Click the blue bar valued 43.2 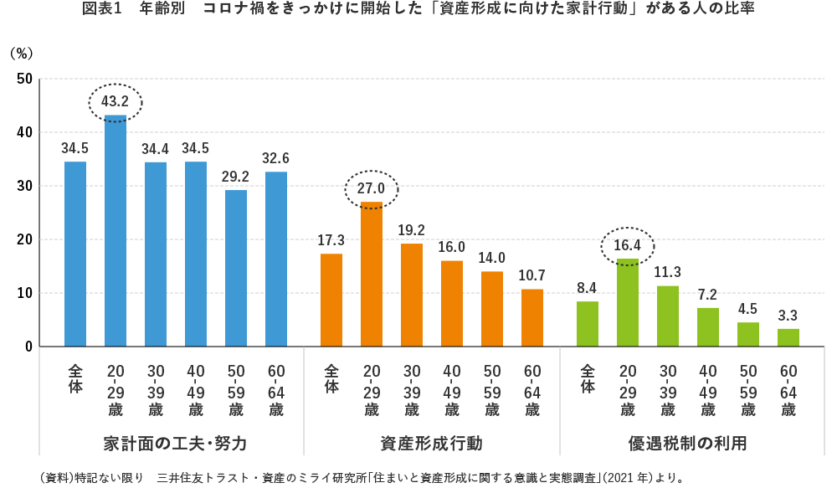116,230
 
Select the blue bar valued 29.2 236,268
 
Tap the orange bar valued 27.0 372,274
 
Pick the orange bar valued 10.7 532,317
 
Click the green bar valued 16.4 628,302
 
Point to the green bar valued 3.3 788,337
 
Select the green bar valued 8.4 588,323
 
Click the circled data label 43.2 116,102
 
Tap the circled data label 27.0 372,189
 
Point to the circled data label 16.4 628,246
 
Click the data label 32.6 276,157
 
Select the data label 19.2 412,229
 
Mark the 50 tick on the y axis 24,79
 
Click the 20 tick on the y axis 24,239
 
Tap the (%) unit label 21,52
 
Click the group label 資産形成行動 431,441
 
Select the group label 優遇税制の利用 687,441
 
